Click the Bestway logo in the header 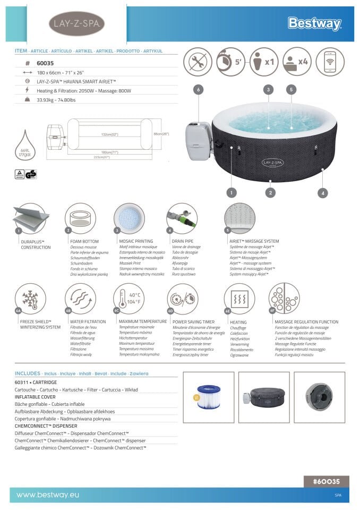(x=314, y=23)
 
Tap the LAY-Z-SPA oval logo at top (x=76, y=23)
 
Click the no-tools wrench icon (x=198, y=62)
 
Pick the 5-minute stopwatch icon (x=230, y=62)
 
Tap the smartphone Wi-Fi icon (x=330, y=62)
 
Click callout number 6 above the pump (x=198, y=90)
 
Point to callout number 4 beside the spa (x=323, y=193)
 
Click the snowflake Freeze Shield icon (x=30, y=298)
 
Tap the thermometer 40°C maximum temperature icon (x=128, y=298)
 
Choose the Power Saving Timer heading (x=193, y=322)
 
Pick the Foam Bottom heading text (x=83, y=241)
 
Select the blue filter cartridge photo (x=208, y=397)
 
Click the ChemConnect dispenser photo (x=319, y=397)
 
